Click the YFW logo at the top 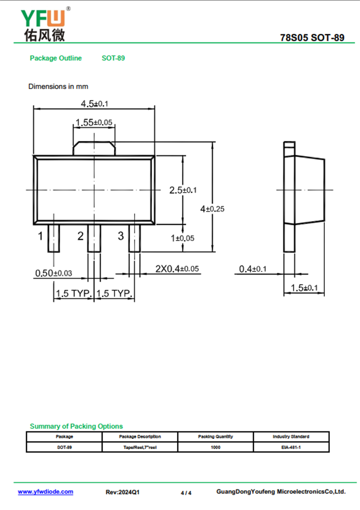45,24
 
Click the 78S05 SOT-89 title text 312,38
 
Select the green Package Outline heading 56,58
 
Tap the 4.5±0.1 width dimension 94,104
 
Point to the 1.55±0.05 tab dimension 94,122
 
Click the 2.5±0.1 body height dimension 183,190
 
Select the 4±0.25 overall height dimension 212,209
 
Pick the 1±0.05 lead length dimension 182,238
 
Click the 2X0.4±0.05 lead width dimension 177,269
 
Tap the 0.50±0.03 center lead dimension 54,273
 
